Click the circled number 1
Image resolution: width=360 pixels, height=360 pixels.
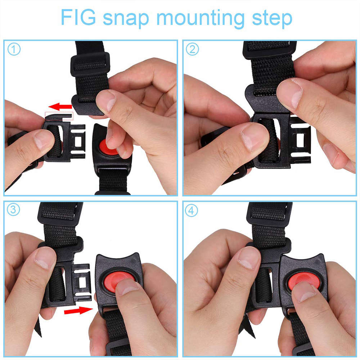[14, 49]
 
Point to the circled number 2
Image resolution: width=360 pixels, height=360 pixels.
[192, 49]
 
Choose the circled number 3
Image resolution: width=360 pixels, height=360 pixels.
[14, 210]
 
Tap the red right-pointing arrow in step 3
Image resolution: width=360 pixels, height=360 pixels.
[78, 310]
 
